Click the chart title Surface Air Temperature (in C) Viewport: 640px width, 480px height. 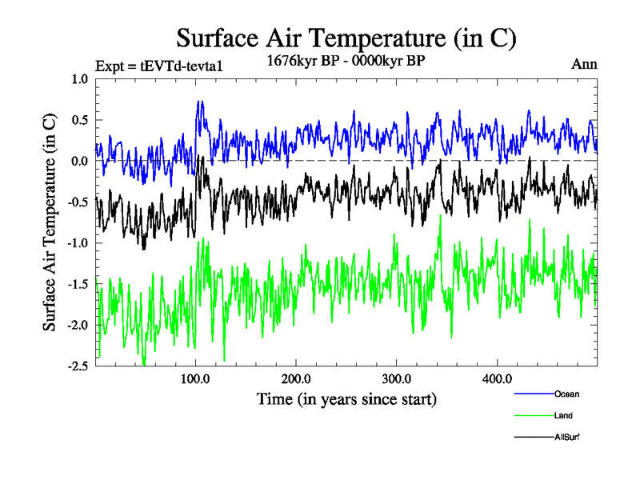pos(346,38)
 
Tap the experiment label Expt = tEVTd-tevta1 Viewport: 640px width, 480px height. pos(158,66)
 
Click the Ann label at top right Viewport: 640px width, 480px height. pos(584,64)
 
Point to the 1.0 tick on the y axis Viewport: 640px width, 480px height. pos(80,79)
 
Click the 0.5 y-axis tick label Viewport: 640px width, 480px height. pos(80,120)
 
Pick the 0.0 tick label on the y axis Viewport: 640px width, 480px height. pos(80,161)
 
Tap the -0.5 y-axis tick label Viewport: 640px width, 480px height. pos(78,202)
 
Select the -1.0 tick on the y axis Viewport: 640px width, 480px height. pos(78,243)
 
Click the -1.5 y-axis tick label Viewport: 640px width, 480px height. pos(78,284)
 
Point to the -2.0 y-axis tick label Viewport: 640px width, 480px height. pos(78,325)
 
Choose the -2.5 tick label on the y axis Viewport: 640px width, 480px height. pos(78,366)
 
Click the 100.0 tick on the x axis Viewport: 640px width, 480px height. pos(195,378)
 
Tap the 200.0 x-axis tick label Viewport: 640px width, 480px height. pos(296,378)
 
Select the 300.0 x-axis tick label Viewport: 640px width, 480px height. pos(397,378)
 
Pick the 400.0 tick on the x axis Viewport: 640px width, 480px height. pos(498,378)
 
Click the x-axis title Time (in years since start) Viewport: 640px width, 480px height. pos(346,398)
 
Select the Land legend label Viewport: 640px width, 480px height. pos(562,415)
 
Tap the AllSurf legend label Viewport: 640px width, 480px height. pos(566,437)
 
